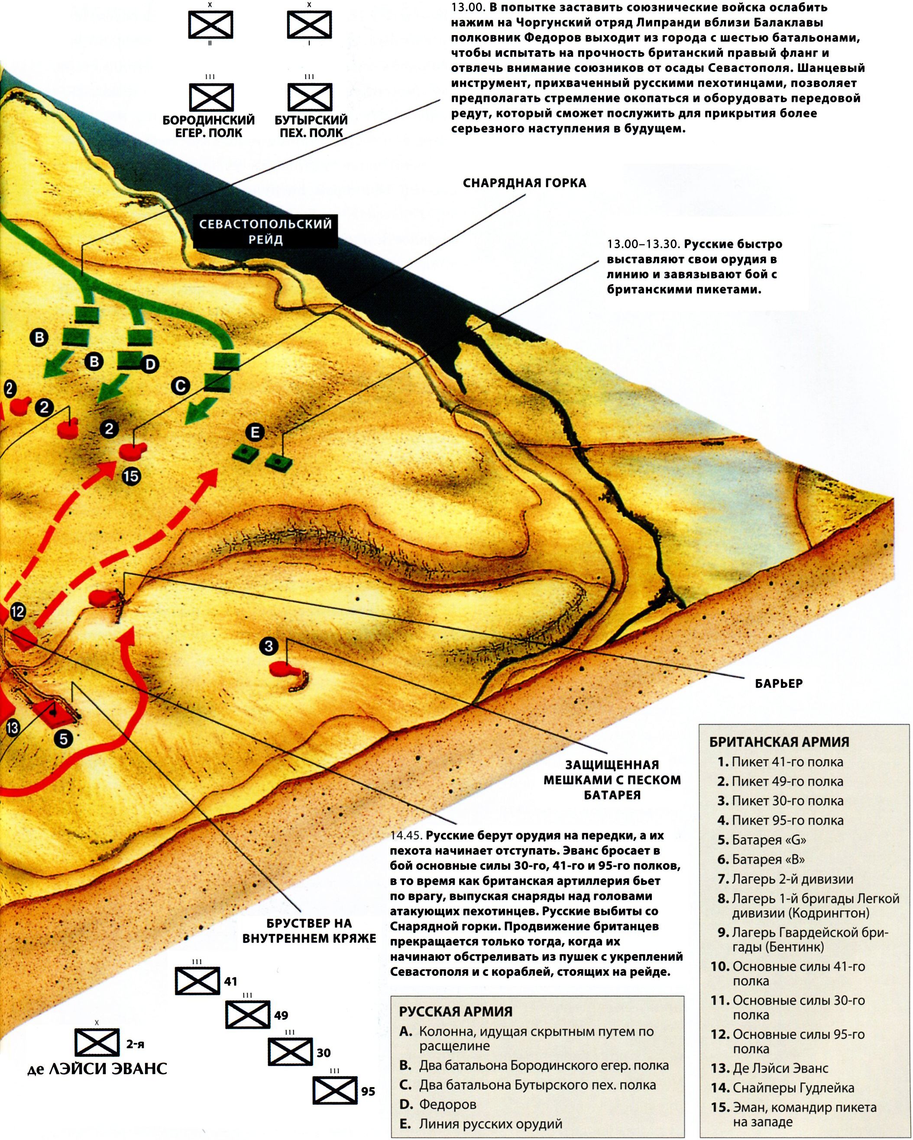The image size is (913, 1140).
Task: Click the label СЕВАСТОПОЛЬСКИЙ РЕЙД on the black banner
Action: tap(265, 232)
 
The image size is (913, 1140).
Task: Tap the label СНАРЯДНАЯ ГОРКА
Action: tap(524, 183)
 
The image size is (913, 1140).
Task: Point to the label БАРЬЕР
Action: tap(779, 683)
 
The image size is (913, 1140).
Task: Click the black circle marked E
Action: tap(255, 433)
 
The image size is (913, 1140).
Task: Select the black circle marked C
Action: tap(180, 386)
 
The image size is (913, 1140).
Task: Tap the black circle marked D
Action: tap(150, 364)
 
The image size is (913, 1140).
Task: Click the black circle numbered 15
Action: tap(131, 476)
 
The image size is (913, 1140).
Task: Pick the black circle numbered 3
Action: tap(269, 646)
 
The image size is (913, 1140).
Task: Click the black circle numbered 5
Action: tap(63, 738)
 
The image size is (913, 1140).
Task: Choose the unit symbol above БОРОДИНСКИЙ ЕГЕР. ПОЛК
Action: tap(211, 97)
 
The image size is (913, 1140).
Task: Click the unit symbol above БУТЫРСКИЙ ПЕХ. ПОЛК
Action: tap(309, 97)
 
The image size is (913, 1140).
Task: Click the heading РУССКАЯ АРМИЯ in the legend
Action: tap(456, 1011)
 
